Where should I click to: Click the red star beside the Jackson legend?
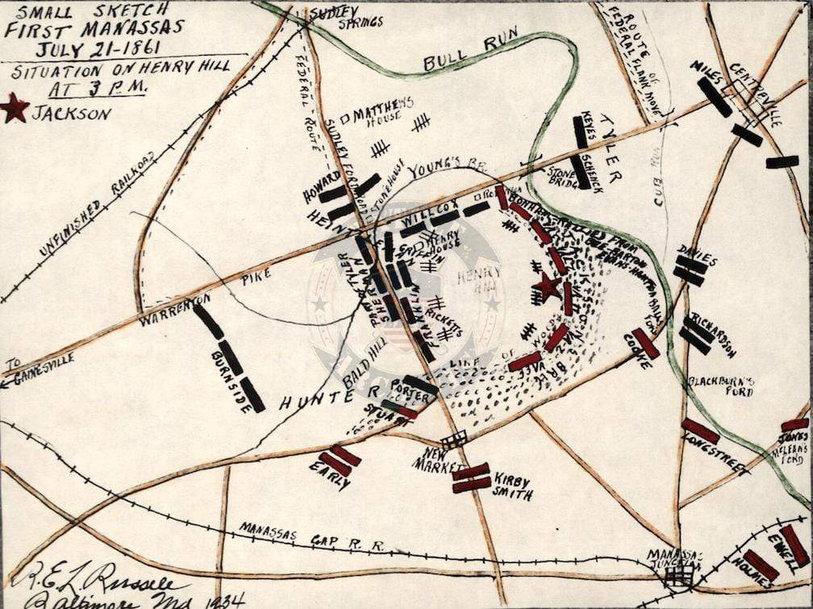[15, 107]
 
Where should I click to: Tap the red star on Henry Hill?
[548, 286]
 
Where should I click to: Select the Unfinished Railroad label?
[97, 205]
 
